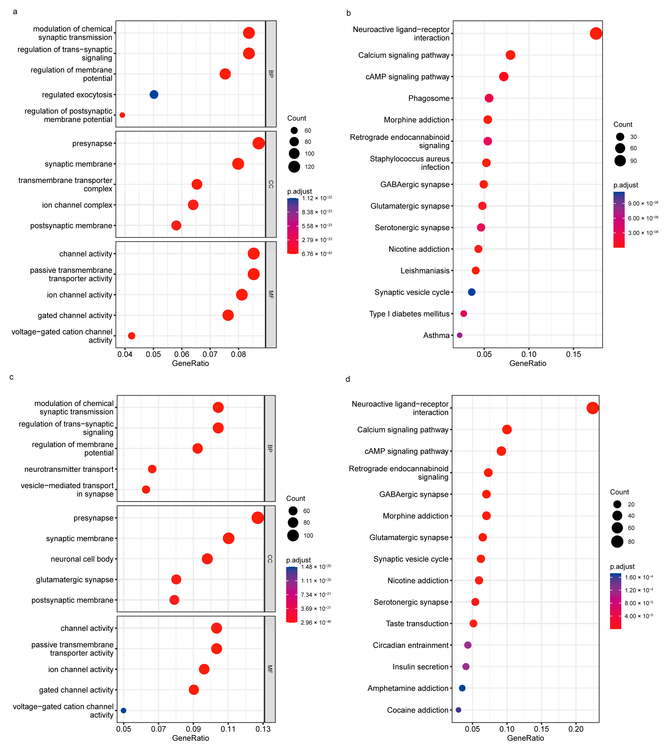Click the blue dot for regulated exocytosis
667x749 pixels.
(154, 94)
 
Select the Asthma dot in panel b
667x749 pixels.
(460, 335)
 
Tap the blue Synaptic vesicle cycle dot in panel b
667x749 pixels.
(472, 292)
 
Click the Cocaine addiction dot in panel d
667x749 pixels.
(458, 710)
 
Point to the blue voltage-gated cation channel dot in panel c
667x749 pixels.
(123, 711)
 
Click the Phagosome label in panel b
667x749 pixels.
(429, 98)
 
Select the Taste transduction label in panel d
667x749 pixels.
(417, 623)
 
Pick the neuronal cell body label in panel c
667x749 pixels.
(82, 559)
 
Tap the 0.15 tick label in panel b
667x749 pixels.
(573, 354)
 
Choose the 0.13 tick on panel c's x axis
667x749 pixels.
(263, 729)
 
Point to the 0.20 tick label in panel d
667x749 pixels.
(576, 729)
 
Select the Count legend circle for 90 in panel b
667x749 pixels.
(620, 161)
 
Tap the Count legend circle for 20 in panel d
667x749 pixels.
(617, 504)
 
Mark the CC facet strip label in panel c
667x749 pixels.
(270, 559)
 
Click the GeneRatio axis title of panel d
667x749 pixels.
(526, 738)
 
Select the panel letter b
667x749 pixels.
(348, 13)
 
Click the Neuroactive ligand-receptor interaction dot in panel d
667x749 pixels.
(593, 408)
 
